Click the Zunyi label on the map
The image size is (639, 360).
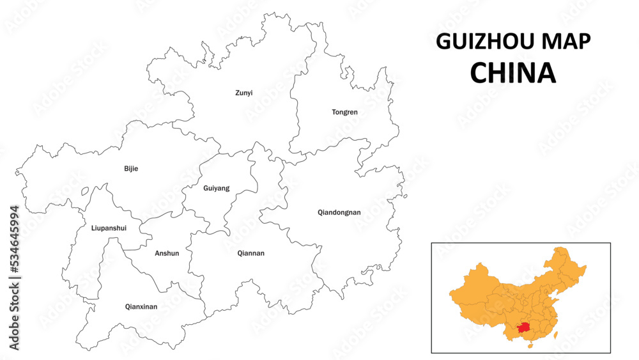coord(243,93)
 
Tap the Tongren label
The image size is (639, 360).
coord(344,112)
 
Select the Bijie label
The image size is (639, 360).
coord(131,169)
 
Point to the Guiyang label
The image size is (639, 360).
coord(216,188)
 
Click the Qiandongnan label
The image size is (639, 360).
coord(339,212)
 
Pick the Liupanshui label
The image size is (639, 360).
coord(109,228)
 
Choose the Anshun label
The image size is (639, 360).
coord(167,253)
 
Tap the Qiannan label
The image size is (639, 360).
coord(250,253)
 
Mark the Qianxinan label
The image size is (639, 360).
coord(141,307)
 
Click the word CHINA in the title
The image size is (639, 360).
coord(513,73)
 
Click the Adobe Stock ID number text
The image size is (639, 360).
coord(14,278)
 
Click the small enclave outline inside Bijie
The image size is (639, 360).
coord(85,191)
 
